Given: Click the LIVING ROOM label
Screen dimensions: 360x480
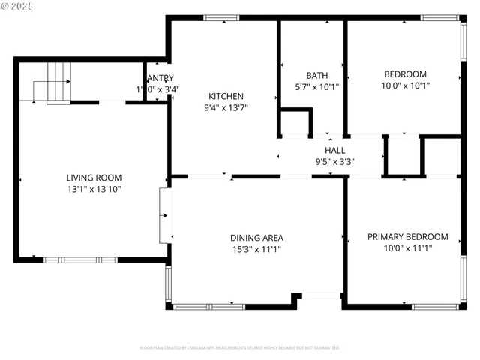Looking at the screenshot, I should pyautogui.click(x=94, y=178).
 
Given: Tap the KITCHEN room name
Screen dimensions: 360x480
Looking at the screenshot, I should pyautogui.click(x=226, y=96).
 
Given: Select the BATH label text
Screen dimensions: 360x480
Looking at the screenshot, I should pyautogui.click(x=316, y=75).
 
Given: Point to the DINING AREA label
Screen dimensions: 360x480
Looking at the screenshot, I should pyautogui.click(x=256, y=238).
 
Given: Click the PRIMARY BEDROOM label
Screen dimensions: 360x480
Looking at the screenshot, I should pyautogui.click(x=407, y=236).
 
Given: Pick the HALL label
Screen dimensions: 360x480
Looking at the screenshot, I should pyautogui.click(x=335, y=150).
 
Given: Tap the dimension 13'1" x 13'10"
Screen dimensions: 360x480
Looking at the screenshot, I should pyautogui.click(x=94, y=190).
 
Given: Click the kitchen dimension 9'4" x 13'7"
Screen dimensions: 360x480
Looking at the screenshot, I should pyautogui.click(x=226, y=108).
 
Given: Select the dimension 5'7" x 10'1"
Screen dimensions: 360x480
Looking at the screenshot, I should pyautogui.click(x=316, y=86).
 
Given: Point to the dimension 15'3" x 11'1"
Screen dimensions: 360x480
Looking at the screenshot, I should pyautogui.click(x=256, y=249).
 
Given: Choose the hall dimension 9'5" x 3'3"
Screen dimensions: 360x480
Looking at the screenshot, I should pyautogui.click(x=335, y=160).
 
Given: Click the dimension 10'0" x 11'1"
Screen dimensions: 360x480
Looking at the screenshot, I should pyautogui.click(x=407, y=247).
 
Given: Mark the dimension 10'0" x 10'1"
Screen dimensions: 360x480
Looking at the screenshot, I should pyautogui.click(x=405, y=85).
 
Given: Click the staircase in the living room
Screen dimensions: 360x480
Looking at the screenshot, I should pyautogui.click(x=58, y=82).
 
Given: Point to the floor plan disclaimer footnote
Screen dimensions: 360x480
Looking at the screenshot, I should pyautogui.click(x=239, y=347).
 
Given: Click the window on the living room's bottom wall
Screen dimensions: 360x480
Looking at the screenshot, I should pyautogui.click(x=80, y=259).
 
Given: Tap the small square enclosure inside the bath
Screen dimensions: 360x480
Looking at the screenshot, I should pyautogui.click(x=295, y=123).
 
